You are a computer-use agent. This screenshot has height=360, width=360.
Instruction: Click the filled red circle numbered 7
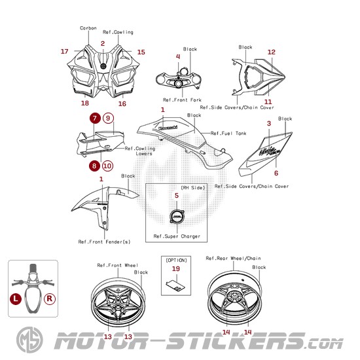95,118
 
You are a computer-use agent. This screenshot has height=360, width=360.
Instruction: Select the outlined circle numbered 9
109,118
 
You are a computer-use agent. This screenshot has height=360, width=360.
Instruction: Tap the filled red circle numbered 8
94,166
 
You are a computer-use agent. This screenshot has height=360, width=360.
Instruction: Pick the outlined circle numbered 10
107,166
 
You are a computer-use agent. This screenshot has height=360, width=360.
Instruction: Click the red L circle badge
16,299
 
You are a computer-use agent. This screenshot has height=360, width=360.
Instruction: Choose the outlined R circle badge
50,299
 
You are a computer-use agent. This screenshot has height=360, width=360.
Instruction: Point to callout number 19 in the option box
176,268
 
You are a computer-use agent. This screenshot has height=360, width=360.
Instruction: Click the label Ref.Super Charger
177,236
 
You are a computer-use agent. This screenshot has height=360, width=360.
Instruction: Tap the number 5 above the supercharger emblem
177,196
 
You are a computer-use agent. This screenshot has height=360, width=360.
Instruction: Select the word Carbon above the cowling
88,28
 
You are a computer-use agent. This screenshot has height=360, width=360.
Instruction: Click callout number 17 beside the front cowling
65,52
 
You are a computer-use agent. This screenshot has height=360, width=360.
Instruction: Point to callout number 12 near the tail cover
272,52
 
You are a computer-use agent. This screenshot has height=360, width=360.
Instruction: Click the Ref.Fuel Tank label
228,133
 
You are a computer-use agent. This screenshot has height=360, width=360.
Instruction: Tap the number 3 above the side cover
269,124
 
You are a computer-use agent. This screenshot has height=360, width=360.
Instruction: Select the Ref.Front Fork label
182,100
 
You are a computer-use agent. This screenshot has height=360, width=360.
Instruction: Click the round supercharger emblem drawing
177,217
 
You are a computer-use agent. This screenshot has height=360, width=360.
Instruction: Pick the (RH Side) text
193,188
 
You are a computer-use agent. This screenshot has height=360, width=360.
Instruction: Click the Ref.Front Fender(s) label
104,242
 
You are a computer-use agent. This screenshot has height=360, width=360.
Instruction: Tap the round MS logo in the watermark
29,340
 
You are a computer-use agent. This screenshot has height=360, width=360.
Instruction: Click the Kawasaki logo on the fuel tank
168,128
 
